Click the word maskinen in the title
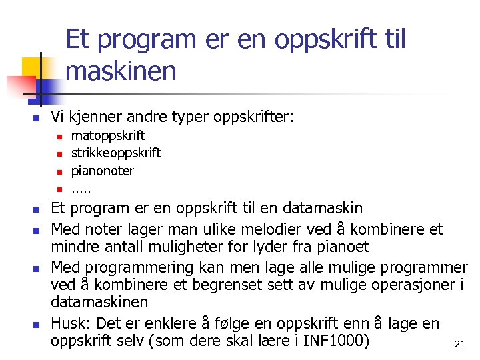(121, 71)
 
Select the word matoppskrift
(108, 136)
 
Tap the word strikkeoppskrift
(116, 153)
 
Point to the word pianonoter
(103, 171)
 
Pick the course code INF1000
(335, 341)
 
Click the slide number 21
(459, 344)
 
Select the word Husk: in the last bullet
(72, 323)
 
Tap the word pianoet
(342, 247)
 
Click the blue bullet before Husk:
(37, 325)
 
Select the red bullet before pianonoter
(59, 171)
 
